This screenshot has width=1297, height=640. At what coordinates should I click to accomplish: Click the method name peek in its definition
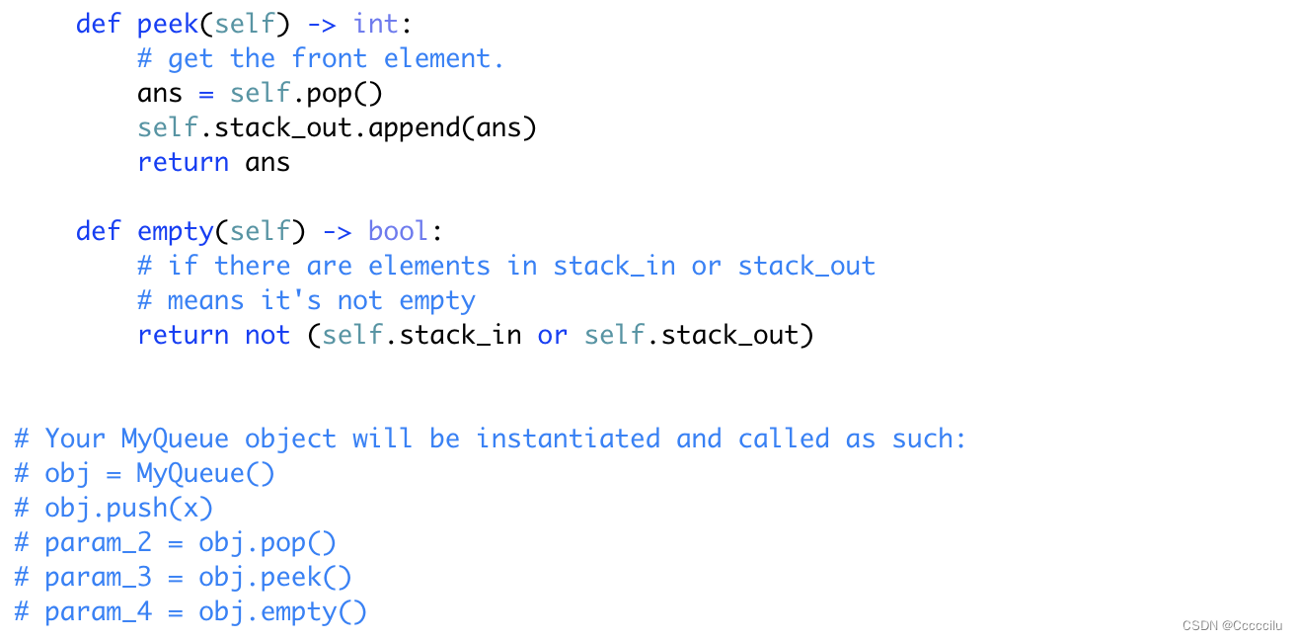pyautogui.click(x=168, y=24)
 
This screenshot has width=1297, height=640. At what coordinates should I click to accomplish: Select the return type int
pyautogui.click(x=376, y=24)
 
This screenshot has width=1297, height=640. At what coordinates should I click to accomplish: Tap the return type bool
pyautogui.click(x=399, y=231)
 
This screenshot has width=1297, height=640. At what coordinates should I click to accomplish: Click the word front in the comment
pyautogui.click(x=329, y=58)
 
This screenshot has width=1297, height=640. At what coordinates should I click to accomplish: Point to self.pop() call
pyautogui.click(x=306, y=93)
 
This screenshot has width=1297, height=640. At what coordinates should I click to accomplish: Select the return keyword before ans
pyautogui.click(x=183, y=162)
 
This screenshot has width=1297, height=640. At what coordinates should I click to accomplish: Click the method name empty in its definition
pyautogui.click(x=176, y=231)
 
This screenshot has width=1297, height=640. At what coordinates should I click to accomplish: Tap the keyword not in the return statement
pyautogui.click(x=267, y=335)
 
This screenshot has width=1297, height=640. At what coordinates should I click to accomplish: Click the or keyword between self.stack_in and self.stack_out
pyautogui.click(x=552, y=335)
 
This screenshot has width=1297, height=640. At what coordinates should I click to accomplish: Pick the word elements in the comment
pyautogui.click(x=428, y=266)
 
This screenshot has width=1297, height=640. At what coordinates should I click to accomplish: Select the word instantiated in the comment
pyautogui.click(x=568, y=439)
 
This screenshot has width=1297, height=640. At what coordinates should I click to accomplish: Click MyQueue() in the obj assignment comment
pyautogui.click(x=205, y=473)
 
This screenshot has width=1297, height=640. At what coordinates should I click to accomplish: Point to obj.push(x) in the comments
pyautogui.click(x=128, y=508)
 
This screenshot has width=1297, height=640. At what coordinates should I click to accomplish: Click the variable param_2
pyautogui.click(x=98, y=542)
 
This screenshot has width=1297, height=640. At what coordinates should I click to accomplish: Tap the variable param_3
pyautogui.click(x=98, y=577)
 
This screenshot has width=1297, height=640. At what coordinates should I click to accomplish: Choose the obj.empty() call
pyautogui.click(x=282, y=611)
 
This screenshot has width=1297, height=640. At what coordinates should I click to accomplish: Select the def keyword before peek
pyautogui.click(x=98, y=24)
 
